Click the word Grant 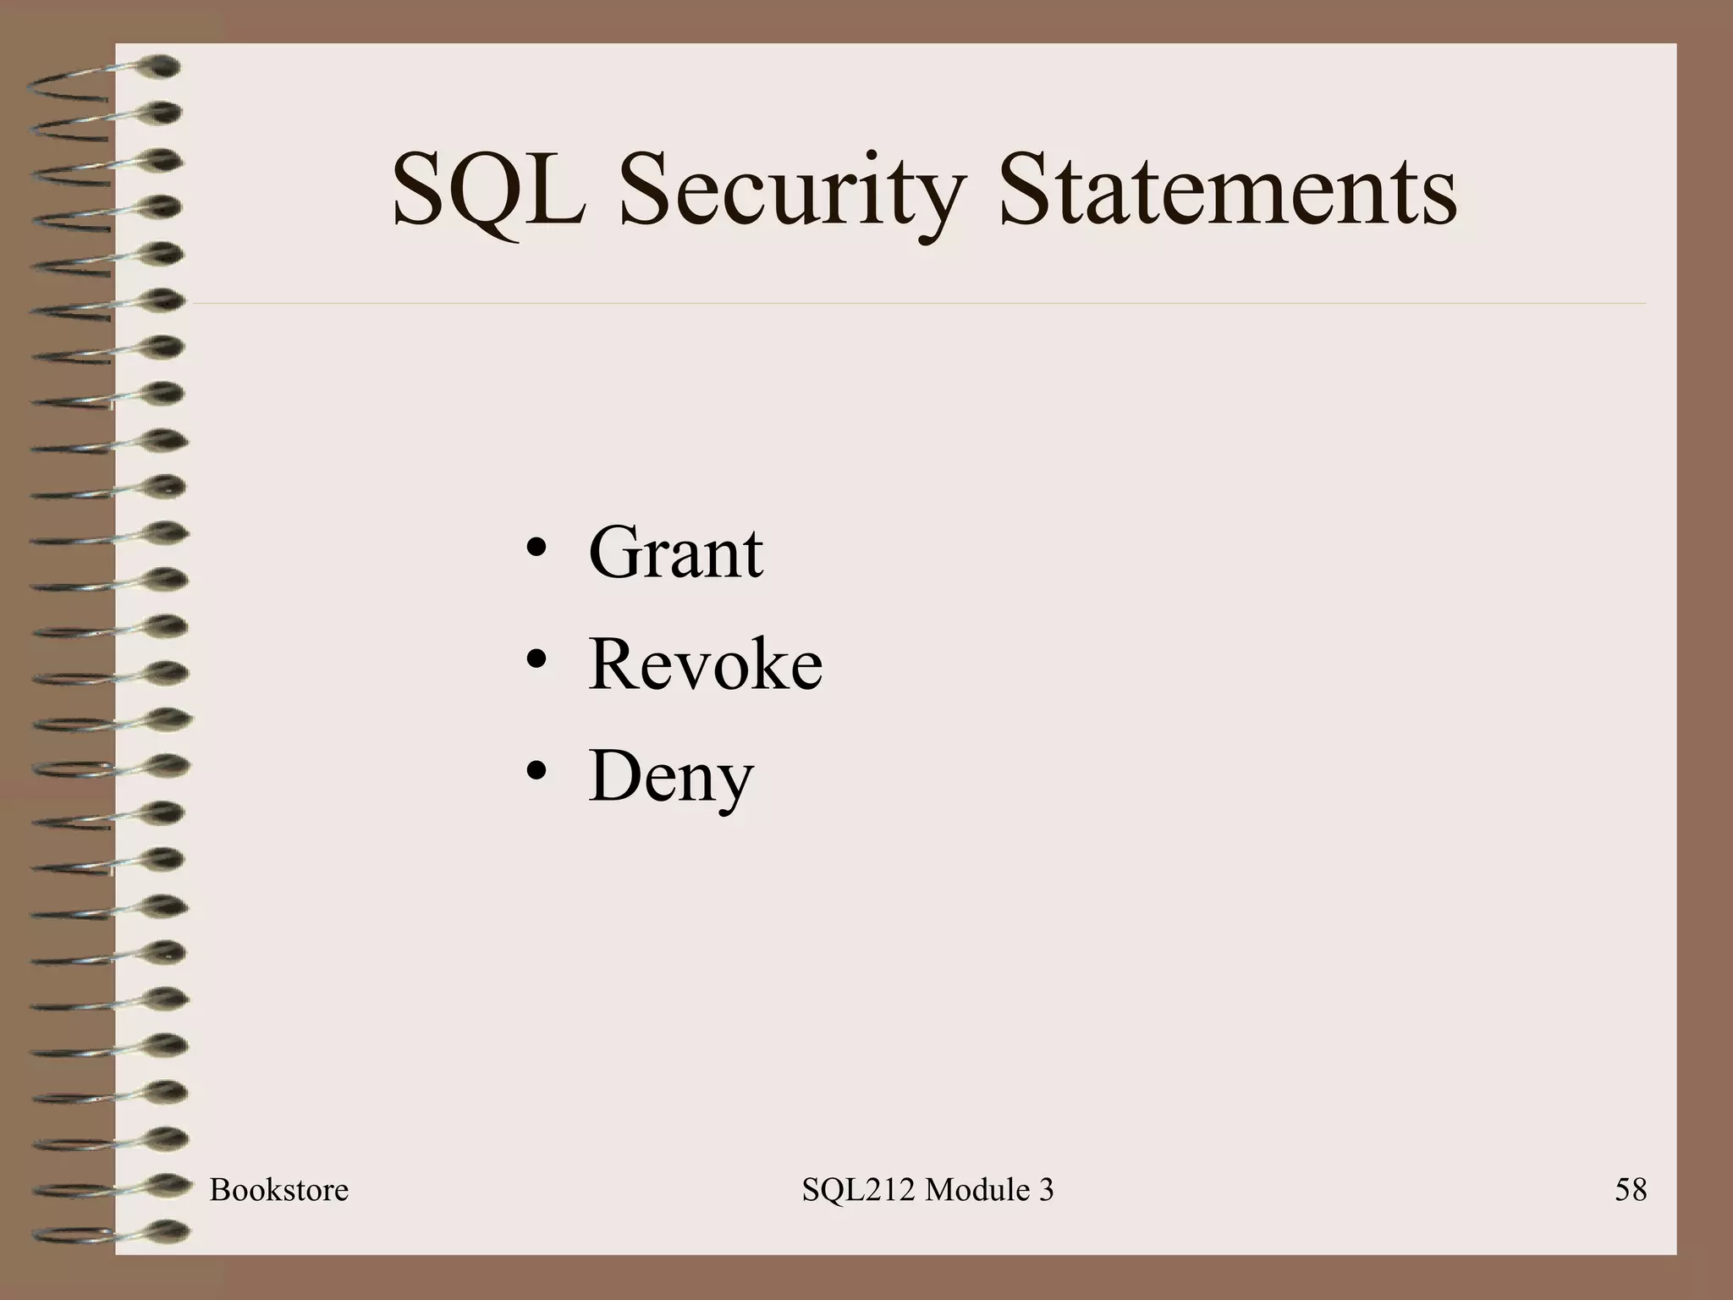tap(675, 553)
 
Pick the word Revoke tap(705, 664)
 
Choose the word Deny tap(670, 777)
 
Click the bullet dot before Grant tap(536, 549)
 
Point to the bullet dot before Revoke tap(536, 661)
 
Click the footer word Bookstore tap(278, 1190)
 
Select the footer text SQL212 tap(858, 1190)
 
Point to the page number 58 tap(1630, 1190)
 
